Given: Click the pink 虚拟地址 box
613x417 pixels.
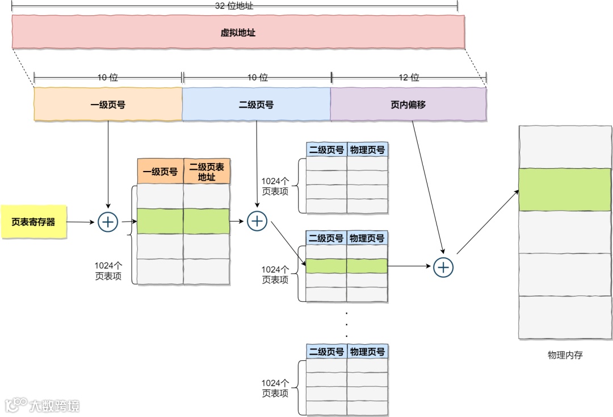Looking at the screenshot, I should [238, 32].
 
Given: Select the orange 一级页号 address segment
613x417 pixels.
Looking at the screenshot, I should [108, 105].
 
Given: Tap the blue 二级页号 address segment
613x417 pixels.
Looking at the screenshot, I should [256, 105].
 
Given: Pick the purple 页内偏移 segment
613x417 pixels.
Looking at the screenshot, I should [408, 105].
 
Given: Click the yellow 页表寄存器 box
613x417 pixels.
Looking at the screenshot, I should [33, 222].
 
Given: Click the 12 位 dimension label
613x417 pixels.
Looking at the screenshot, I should [408, 77].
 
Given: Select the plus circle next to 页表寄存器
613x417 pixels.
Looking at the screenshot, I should [108, 222].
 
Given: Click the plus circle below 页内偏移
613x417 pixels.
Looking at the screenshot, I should [443, 266].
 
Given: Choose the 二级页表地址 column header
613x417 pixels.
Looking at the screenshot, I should [207, 172].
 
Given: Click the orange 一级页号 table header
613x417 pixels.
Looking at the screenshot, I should [160, 172].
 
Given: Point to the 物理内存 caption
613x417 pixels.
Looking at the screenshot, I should [565, 355].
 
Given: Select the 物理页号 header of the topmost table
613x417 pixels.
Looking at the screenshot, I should [367, 150].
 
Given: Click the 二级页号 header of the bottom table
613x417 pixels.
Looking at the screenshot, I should [326, 352].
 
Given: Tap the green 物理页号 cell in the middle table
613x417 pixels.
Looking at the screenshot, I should [367, 266].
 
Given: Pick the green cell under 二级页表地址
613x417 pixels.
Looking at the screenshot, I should [207, 222].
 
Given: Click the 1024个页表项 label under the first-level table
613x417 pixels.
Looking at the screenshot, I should [108, 270].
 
